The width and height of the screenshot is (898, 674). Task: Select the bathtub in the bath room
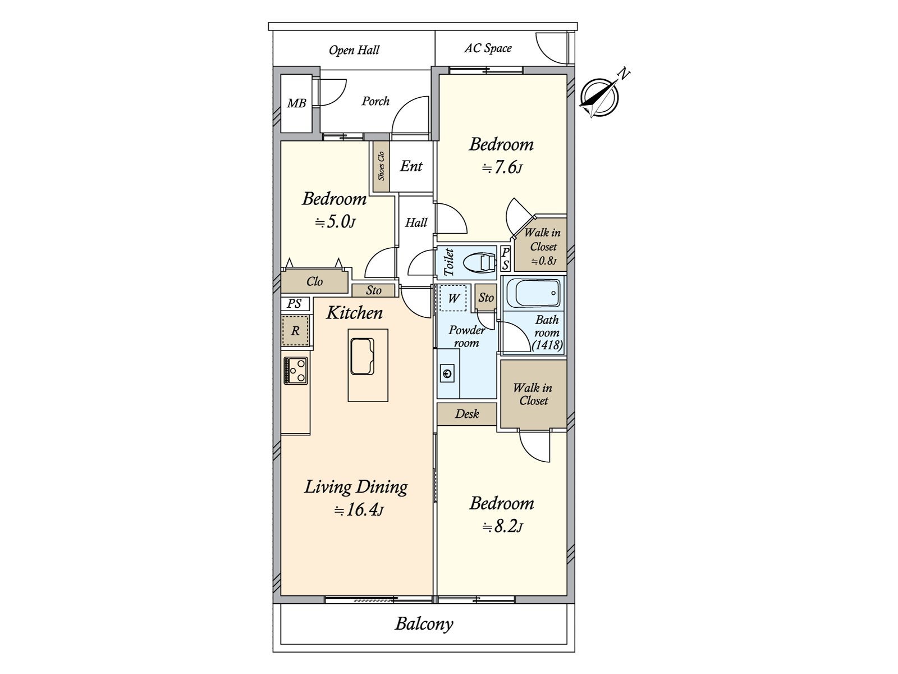coord(534,293)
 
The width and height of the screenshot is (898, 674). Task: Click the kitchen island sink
coord(362,356)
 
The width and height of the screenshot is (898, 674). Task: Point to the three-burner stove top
coord(295,370)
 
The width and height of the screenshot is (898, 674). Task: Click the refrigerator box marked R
coord(295,331)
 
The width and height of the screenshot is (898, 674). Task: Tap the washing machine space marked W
coord(453,298)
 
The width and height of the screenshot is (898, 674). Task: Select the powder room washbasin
coord(447,373)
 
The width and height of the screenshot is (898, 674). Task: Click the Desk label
coord(467,414)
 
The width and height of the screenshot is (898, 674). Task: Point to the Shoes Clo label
coord(381,166)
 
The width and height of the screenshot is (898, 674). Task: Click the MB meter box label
coord(296,103)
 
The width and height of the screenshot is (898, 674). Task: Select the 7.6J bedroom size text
coord(502,167)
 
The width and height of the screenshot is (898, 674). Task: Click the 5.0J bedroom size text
coord(335,222)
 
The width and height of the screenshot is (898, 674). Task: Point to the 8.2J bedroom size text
coord(502,527)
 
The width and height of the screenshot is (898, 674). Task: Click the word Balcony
coord(424,625)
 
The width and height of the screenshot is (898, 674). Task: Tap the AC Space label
coord(488,48)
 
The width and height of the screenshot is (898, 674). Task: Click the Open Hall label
coord(354,50)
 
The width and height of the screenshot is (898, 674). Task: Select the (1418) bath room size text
coord(547,345)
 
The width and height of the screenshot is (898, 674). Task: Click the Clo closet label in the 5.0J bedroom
coord(315,281)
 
